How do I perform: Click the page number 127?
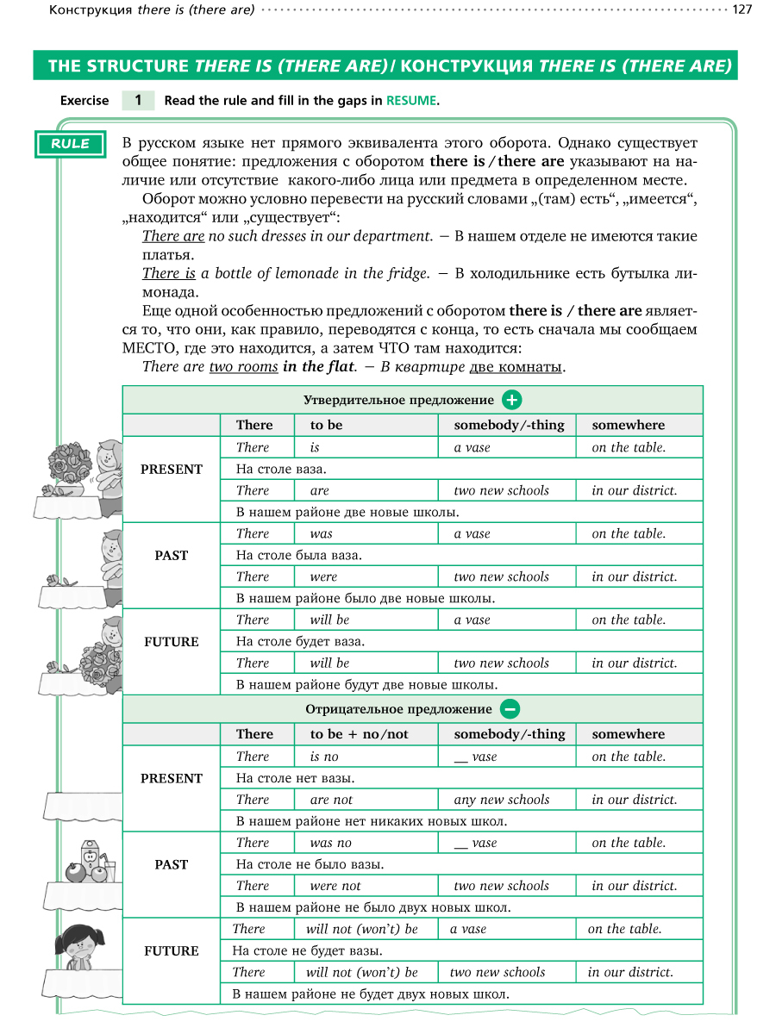[x=742, y=9]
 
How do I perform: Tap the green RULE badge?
[x=70, y=144]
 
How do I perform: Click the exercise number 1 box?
[x=138, y=100]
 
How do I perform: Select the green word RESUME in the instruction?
[x=411, y=101]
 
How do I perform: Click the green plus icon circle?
[x=512, y=400]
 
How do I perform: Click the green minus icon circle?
[x=510, y=709]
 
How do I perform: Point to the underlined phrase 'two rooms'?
[x=243, y=367]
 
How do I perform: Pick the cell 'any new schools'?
[x=501, y=800]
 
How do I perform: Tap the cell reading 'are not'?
[x=331, y=800]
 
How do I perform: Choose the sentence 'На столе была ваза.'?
[x=298, y=556]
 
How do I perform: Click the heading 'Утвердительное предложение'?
[x=398, y=400]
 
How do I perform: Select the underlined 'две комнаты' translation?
[x=515, y=367]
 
